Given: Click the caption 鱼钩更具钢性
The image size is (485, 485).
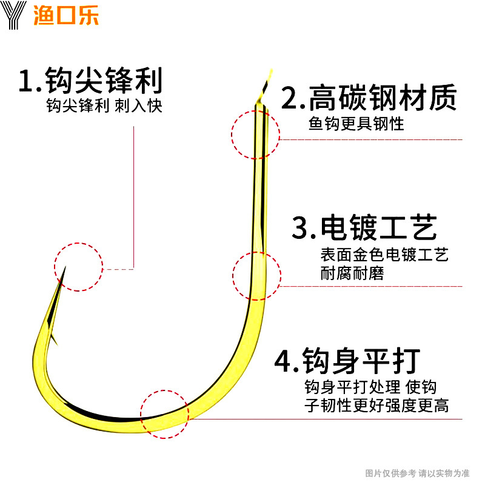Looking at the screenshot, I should (x=356, y=124).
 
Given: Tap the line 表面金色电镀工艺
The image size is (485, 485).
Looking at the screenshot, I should (x=384, y=255).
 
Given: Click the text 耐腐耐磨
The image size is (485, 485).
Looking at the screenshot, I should (x=352, y=273).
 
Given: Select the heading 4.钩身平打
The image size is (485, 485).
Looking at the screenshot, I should (x=347, y=361).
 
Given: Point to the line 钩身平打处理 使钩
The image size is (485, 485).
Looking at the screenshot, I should (x=370, y=387).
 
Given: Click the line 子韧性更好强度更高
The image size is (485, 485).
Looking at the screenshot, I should (x=376, y=406).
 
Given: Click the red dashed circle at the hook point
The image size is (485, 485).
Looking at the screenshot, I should (x=79, y=267).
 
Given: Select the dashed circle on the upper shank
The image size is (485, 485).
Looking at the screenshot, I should (x=255, y=134).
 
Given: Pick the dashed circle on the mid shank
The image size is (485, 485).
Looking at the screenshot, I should (x=257, y=276).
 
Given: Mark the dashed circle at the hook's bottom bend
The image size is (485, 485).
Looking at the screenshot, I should (x=164, y=414).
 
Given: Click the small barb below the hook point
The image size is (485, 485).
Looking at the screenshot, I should (x=53, y=337).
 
